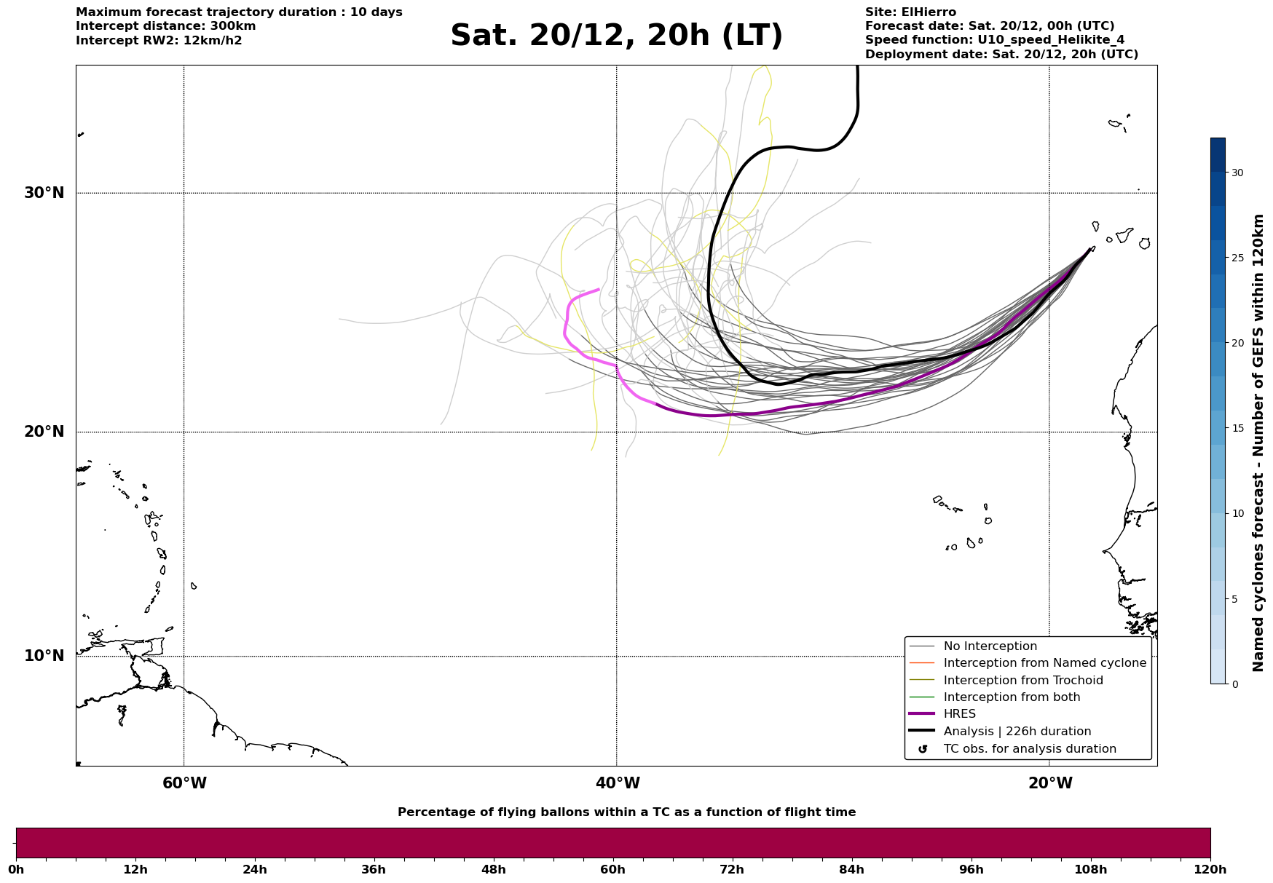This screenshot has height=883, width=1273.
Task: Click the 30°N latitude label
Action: [44, 193]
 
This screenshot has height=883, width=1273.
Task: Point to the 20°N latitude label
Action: [44, 432]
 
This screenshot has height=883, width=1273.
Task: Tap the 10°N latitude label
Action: [44, 656]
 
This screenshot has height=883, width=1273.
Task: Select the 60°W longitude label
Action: [184, 783]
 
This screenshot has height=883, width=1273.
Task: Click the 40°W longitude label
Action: [618, 783]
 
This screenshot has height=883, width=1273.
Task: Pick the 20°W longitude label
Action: [1050, 783]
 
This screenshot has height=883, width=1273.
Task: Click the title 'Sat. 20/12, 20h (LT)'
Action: [616, 36]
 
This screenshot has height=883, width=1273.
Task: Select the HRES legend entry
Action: [959, 714]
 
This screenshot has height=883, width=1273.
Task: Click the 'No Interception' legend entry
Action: [990, 646]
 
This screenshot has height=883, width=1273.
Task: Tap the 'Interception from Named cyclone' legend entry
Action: [1044, 663]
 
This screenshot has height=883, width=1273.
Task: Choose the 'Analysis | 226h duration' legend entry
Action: [1017, 732]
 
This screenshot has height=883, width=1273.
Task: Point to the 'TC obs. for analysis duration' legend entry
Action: [1029, 749]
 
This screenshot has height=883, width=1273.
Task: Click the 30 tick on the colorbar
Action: [1237, 173]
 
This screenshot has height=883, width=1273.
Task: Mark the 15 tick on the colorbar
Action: [1237, 428]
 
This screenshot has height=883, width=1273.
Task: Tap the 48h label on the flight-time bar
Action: [493, 869]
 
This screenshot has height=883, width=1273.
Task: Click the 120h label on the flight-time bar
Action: [1210, 869]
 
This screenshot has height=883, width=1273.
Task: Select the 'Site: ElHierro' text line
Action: [910, 12]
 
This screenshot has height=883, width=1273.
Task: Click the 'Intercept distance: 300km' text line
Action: [165, 26]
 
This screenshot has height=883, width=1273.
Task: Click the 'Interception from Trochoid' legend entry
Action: [1022, 681]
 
